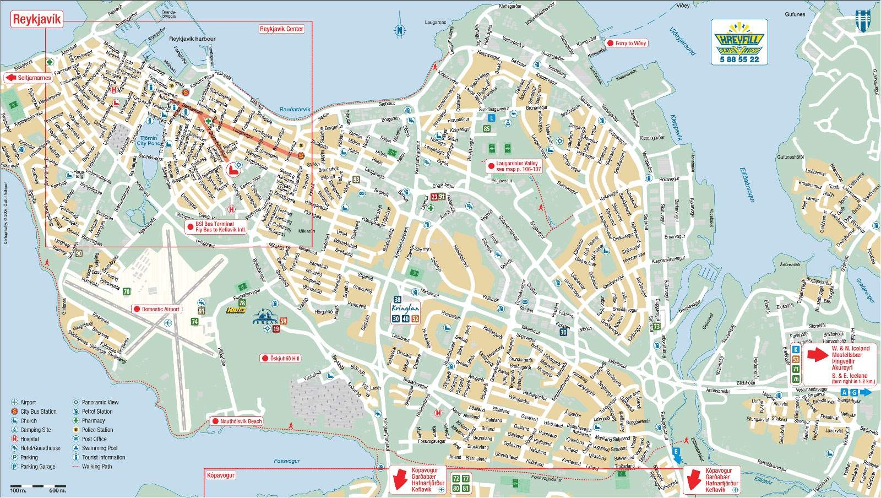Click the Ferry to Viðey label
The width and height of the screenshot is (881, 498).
coord(627,43)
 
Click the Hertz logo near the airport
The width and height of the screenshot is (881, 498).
coord(235,311)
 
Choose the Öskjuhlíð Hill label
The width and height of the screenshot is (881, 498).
coord(281,358)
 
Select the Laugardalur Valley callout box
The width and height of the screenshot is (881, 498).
coord(510,166)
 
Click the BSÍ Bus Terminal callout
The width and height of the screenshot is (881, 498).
coord(217,227)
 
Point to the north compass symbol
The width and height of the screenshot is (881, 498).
coord(400,30)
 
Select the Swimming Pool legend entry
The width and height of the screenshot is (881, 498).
coord(99,448)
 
